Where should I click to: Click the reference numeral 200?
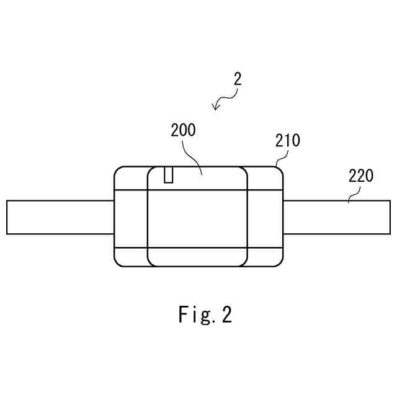point(183,130)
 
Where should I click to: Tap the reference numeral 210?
point(287,140)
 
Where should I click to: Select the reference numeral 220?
point(360,176)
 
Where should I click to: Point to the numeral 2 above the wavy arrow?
point(238,79)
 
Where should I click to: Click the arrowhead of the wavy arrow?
point(215,107)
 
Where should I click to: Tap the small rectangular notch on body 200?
point(168,175)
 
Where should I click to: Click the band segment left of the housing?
point(60,217)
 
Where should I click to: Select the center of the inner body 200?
point(197,217)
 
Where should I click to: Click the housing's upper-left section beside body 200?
point(131,177)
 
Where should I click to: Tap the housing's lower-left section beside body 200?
point(131,256)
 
